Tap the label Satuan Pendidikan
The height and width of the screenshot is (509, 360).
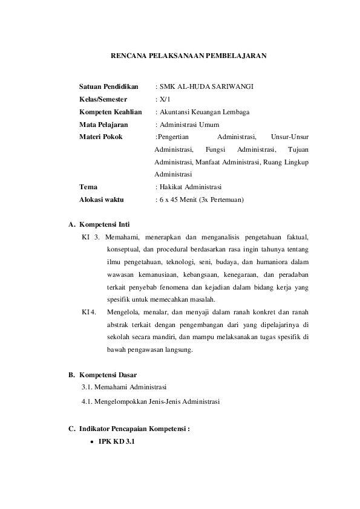click(109, 86)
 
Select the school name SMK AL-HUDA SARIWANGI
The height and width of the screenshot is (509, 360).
click(206, 86)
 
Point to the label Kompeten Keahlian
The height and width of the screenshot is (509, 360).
click(110, 112)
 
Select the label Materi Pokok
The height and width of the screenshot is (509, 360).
click(100, 137)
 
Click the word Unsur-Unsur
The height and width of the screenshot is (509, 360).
click(290, 137)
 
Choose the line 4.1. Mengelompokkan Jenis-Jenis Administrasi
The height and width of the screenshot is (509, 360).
click(151, 400)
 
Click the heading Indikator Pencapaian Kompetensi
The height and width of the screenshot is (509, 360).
click(134, 429)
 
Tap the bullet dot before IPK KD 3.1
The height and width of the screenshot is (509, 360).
click(91, 443)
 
